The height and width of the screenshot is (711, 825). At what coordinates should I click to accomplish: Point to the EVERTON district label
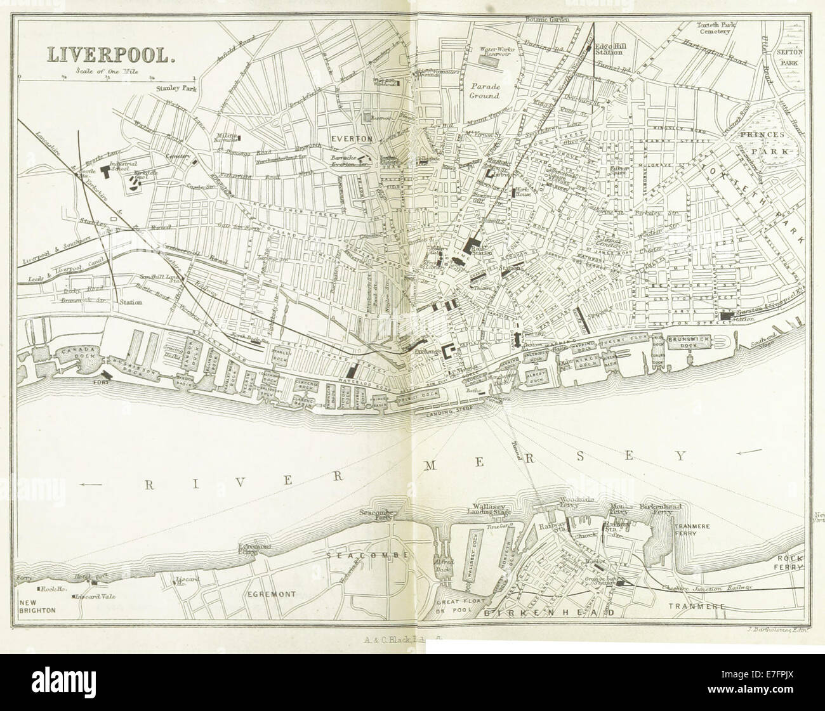tap(348, 137)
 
